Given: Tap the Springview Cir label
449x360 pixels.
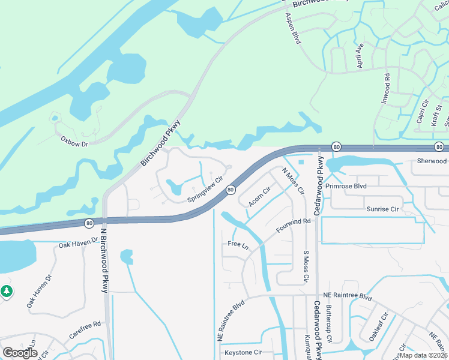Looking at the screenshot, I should tap(205, 190).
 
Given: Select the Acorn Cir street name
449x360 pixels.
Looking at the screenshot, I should tap(260, 196).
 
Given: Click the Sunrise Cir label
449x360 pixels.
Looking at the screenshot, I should tap(382, 209).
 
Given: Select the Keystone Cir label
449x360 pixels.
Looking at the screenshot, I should tap(244, 352).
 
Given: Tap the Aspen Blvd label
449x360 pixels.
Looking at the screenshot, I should tap(293, 29).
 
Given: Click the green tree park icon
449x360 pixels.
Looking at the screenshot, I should tap(7, 291).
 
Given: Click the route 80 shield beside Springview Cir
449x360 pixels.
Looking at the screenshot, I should tap(231, 190).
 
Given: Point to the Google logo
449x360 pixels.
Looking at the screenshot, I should tap(20, 353).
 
